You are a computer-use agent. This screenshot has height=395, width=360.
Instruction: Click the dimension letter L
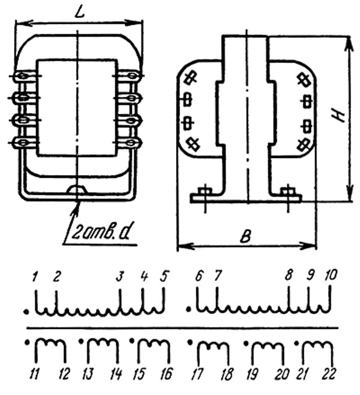(x=79, y=12)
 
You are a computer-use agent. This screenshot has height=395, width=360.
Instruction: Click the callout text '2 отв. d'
(x=100, y=231)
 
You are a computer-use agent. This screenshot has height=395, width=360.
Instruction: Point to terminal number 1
(x=35, y=276)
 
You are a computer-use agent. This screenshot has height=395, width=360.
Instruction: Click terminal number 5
(x=164, y=276)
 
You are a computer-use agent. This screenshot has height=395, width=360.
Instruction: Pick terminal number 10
(x=331, y=275)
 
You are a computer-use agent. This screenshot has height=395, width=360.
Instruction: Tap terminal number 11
(x=34, y=374)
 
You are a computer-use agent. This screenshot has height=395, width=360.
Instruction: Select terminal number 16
(x=166, y=374)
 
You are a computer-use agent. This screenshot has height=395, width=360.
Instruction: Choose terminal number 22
(x=329, y=374)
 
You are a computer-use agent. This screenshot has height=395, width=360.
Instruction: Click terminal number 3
(x=120, y=276)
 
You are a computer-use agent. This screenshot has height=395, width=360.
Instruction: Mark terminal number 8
(x=289, y=275)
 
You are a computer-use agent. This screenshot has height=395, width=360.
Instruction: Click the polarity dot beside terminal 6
(x=188, y=308)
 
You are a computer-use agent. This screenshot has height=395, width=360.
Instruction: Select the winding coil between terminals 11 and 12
(x=51, y=352)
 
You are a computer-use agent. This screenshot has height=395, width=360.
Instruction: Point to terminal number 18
(x=227, y=374)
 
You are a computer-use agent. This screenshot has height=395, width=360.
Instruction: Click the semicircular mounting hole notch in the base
(x=77, y=190)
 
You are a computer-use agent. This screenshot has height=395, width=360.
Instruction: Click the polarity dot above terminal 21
(x=297, y=343)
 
